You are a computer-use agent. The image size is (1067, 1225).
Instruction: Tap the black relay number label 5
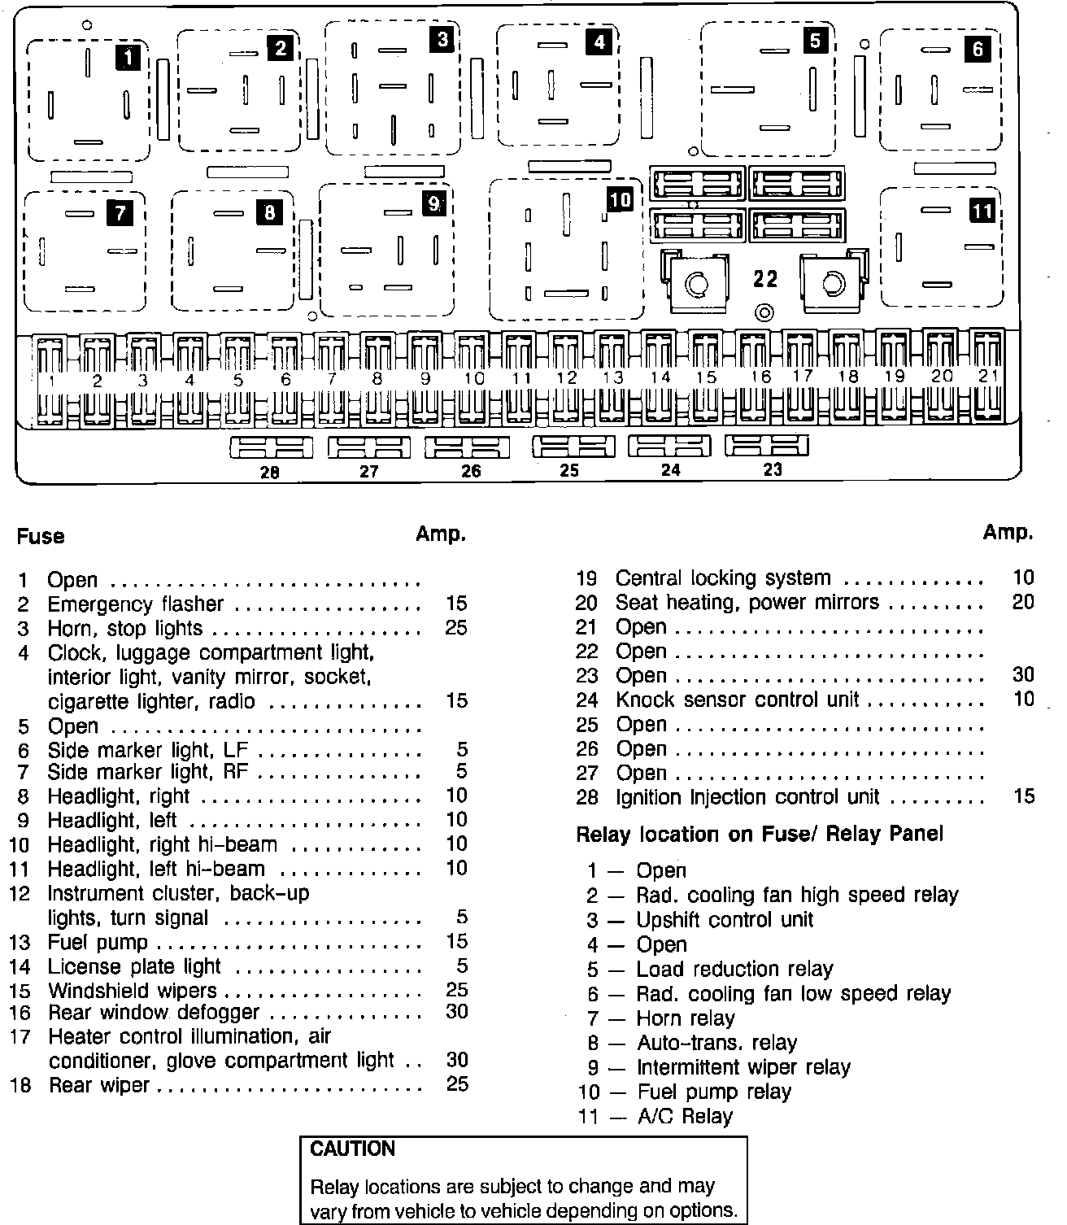tap(815, 40)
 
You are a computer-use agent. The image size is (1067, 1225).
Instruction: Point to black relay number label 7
tap(120, 213)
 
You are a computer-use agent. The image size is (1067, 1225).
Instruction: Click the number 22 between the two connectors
tap(765, 279)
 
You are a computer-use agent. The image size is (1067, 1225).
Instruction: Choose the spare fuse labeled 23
tap(767, 446)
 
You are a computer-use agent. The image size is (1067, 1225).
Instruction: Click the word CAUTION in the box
tap(353, 1149)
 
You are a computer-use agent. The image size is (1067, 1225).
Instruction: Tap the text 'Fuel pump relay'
tap(713, 1092)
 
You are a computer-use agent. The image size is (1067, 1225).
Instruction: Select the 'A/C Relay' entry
tap(684, 1116)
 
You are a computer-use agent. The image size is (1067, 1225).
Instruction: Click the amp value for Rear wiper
tap(457, 1083)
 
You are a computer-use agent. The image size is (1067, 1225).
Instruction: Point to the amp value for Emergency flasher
tap(456, 604)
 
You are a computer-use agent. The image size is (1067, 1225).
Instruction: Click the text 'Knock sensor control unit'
tap(737, 700)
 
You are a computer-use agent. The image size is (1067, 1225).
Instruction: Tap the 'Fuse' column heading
tap(41, 536)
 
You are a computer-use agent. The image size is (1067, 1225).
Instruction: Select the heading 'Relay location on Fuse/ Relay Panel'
tap(760, 834)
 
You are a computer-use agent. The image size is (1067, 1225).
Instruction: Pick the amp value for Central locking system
tap(1023, 578)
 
